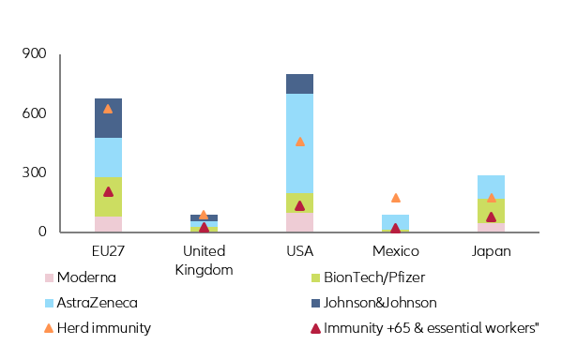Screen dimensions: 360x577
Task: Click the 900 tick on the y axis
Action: [x=34, y=54]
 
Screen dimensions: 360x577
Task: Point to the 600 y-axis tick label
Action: [x=34, y=113]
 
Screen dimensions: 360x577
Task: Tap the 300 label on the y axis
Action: [x=34, y=173]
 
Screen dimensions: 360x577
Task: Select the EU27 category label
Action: [x=107, y=251]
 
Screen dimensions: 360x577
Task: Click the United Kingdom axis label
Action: [x=204, y=260]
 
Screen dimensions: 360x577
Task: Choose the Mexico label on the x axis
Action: [x=395, y=251]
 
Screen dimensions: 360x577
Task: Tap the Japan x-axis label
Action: [x=491, y=251]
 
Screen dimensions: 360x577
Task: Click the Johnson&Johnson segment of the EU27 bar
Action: [x=108, y=118]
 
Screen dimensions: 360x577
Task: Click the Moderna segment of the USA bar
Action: [x=299, y=222]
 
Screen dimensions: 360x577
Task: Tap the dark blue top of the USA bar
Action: [x=299, y=83]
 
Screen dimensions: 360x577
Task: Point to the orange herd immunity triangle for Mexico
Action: [x=395, y=198]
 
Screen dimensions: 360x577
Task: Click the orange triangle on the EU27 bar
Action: [x=108, y=109]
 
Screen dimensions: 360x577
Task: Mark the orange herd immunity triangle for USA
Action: [x=299, y=142]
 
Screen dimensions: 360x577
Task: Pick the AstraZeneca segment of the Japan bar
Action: [x=491, y=187]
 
